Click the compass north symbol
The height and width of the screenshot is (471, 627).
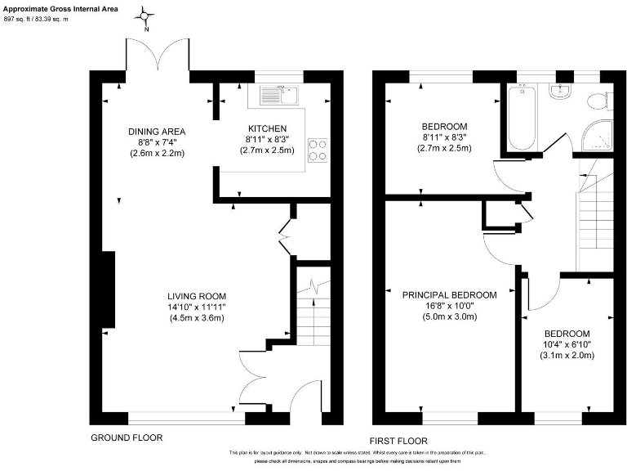147,16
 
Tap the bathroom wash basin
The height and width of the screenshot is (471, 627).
560,91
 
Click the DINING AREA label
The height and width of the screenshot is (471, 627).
157,131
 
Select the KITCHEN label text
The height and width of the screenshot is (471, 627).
267,128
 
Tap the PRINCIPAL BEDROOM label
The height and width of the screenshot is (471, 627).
449,295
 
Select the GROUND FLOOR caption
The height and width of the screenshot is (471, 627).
127,438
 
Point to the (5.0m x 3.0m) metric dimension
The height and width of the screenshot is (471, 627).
449,317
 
